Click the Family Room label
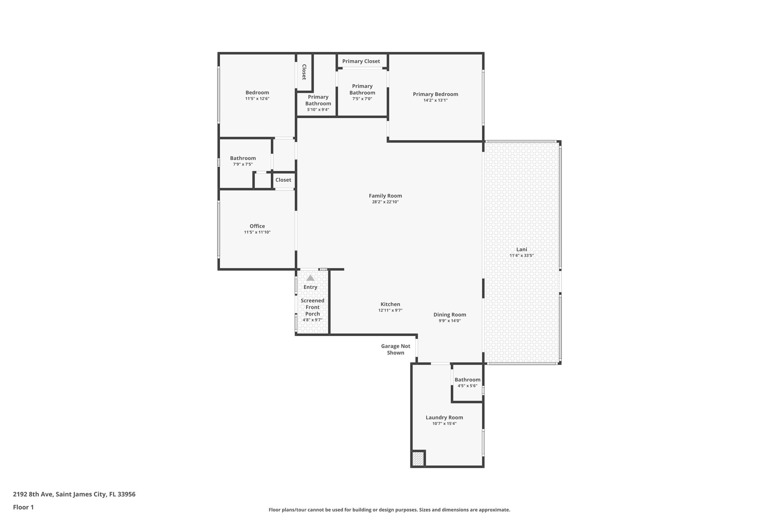(385, 196)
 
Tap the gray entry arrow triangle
(310, 278)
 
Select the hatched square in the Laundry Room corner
(418, 458)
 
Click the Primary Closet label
(361, 61)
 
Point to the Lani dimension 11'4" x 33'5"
(521, 256)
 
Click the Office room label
(257, 226)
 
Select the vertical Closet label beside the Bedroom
(304, 72)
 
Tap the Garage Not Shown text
(396, 349)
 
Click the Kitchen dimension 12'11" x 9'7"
(390, 310)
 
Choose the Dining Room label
(450, 315)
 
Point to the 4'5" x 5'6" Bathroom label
(467, 380)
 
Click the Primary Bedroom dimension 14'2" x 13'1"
(436, 101)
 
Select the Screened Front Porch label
(313, 307)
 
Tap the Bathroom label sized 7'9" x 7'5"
(243, 158)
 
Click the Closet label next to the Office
(283, 180)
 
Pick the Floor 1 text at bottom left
(23, 507)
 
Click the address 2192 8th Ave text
(74, 494)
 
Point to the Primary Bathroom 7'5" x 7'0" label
(362, 90)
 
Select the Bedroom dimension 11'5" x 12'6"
(257, 99)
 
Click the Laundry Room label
(444, 418)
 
